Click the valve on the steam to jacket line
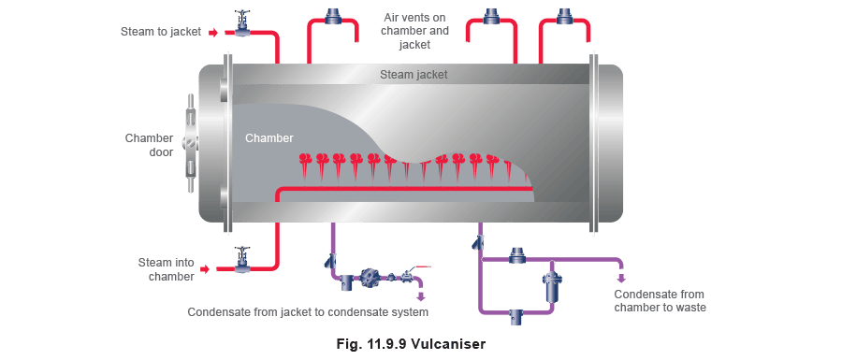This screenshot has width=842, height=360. click(x=243, y=24)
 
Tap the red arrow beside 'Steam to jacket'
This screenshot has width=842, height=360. click(x=213, y=34)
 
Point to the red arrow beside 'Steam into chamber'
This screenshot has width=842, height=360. click(x=204, y=267)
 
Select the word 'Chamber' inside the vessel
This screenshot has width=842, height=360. click(x=269, y=138)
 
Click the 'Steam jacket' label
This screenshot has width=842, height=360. click(x=414, y=75)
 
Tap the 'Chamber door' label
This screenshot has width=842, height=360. click(x=150, y=145)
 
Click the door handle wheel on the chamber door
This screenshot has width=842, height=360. click(x=191, y=144)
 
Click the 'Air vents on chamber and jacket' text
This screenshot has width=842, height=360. click(x=414, y=31)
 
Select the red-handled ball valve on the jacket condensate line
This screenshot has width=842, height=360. click(x=411, y=274)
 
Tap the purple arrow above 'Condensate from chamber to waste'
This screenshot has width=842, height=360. click(x=622, y=278)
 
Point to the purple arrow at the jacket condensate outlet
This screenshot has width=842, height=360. click(x=421, y=295)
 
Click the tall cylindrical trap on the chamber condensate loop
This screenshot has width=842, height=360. click(x=551, y=286)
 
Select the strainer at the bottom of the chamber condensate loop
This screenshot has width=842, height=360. click(x=516, y=317)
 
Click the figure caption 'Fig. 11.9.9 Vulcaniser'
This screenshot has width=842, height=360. click(x=411, y=343)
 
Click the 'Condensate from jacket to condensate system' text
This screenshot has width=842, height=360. click(x=308, y=312)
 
